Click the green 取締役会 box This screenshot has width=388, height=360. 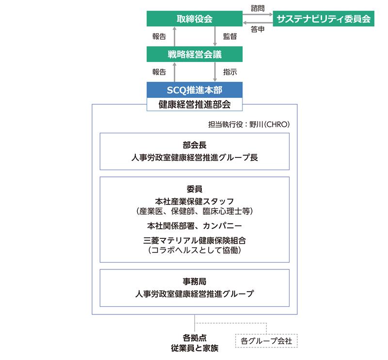[x=194, y=18]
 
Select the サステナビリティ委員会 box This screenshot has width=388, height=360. [x=323, y=18]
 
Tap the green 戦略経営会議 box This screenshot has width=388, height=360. [x=194, y=54]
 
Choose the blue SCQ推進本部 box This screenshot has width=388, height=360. [x=194, y=90]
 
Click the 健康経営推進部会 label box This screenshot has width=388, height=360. [x=194, y=104]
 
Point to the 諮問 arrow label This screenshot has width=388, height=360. [x=258, y=8]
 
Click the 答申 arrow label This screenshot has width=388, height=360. [x=258, y=29]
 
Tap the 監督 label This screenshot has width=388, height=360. [x=230, y=36]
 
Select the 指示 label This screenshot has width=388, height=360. [x=230, y=72]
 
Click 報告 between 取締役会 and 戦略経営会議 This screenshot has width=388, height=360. [x=159, y=36]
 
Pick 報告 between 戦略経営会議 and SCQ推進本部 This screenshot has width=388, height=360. [x=159, y=72]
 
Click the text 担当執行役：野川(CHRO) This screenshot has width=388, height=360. [x=249, y=124]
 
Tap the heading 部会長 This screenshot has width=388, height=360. [x=194, y=145]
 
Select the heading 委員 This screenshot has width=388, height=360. [x=194, y=189]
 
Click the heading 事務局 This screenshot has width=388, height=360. [x=194, y=282]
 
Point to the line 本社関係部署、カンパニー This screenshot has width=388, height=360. [x=194, y=226]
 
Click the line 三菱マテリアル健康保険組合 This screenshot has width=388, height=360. [x=194, y=240]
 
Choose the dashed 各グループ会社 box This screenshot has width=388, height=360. [x=266, y=341]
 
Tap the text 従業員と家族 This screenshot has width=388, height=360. [x=194, y=348]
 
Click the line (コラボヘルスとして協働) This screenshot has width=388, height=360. [x=194, y=250]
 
